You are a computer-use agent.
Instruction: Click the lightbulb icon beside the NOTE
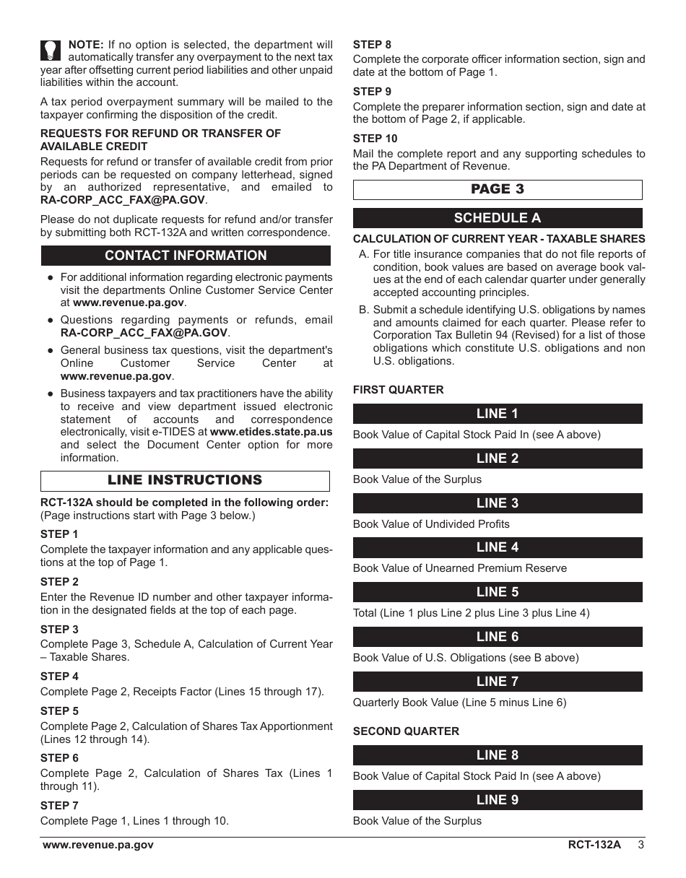[x=50, y=50]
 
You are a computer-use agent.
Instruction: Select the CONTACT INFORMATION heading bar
[x=186, y=256]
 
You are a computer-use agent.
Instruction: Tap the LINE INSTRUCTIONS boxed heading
[x=185, y=481]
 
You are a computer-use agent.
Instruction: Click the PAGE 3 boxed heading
[x=498, y=189]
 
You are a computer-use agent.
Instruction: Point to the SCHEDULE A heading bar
[x=498, y=218]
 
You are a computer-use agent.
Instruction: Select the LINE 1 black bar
[x=498, y=414]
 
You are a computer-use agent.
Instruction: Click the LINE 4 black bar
[x=498, y=547]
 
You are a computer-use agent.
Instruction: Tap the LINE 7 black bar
[x=498, y=681]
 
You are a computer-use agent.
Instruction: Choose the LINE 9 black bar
[x=498, y=800]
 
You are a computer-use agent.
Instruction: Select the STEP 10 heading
[x=375, y=139]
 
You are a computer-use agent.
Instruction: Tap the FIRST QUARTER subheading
[x=398, y=390]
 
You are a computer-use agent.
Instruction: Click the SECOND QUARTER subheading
[x=406, y=731]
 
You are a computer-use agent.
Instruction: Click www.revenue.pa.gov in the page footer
[x=98, y=846]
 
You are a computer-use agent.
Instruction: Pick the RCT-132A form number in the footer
[x=594, y=846]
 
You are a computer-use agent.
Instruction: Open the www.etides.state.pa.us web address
[x=271, y=432]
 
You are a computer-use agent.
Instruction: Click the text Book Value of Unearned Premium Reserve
[x=459, y=568]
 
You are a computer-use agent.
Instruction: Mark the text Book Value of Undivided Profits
[x=431, y=524]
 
